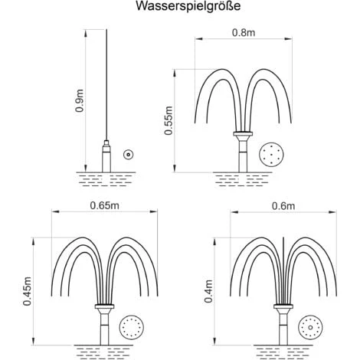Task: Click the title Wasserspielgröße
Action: coord(188,6)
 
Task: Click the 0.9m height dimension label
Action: coord(80,101)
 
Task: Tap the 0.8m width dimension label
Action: coord(244,33)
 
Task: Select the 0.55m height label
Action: coord(169,120)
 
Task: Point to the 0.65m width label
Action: coord(104,205)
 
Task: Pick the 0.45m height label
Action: coord(27,291)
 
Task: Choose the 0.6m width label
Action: coord(283,206)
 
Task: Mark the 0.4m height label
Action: coord(208,291)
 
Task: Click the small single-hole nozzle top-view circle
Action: coord(129,154)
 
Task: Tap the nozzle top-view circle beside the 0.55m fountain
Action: coord(271,155)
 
